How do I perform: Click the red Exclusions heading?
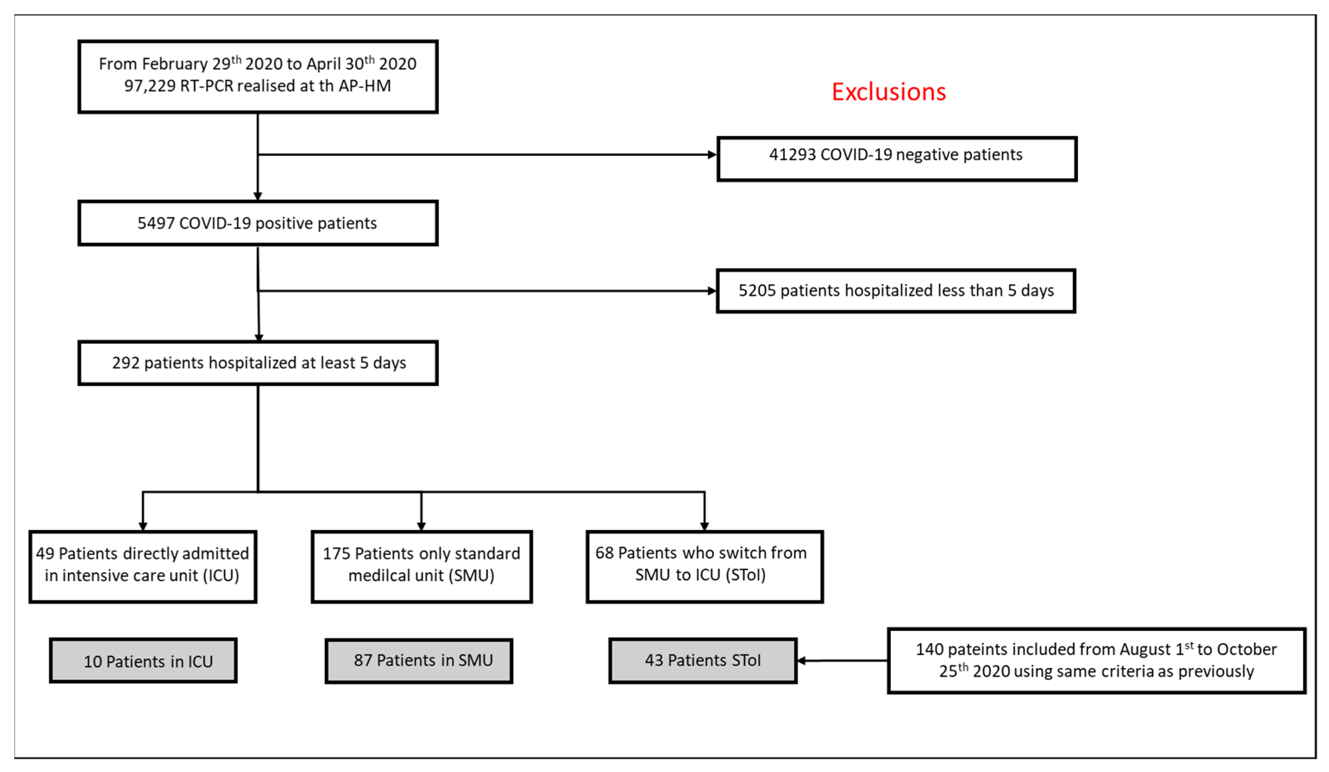889,92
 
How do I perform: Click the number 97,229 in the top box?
149,85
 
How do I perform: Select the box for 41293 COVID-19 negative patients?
896,159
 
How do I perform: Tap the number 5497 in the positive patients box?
156,223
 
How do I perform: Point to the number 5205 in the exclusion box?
757,290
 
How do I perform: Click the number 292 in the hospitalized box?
125,363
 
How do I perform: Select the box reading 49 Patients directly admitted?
142,566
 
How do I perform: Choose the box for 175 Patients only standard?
421,566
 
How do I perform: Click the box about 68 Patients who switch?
704,566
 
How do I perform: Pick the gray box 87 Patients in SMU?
419,661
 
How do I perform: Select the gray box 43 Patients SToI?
703,661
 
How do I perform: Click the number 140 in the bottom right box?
929,649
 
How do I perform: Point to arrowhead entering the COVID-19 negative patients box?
712,154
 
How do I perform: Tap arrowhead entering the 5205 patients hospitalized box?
712,290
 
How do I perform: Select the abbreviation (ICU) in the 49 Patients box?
221,575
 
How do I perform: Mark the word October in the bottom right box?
1245,649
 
